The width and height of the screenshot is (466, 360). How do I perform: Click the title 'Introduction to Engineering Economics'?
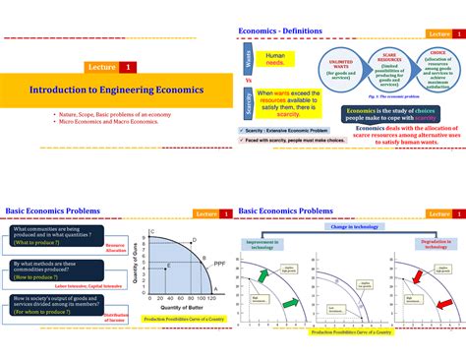click(x=116, y=90)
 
